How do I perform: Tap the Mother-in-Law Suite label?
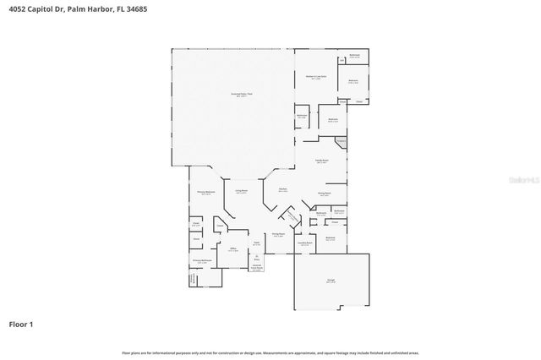point(316,78)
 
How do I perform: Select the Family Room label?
point(322,161)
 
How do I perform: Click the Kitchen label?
point(283,191)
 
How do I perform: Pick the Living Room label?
point(241,191)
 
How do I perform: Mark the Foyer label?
point(256,243)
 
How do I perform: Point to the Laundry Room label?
point(305,243)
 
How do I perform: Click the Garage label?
point(331,281)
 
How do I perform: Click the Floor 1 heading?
point(21,324)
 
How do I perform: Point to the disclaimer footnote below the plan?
point(270,352)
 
